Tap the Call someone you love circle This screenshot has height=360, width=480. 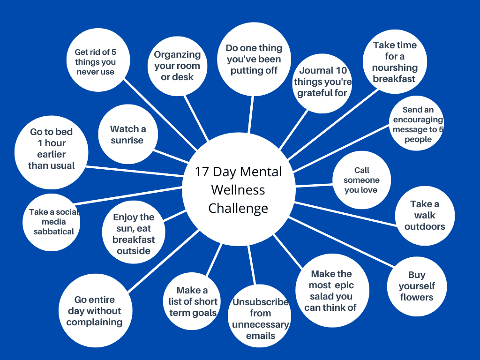pyautogui.click(x=361, y=180)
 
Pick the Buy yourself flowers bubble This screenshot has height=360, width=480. pyautogui.click(x=416, y=286)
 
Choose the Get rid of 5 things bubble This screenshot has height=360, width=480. pyautogui.click(x=95, y=62)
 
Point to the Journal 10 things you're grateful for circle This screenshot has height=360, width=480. pyautogui.click(x=322, y=82)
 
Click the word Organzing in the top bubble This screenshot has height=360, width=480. pyautogui.click(x=177, y=55)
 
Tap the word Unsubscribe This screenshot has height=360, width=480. pyautogui.click(x=260, y=302)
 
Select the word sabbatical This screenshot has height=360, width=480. pyautogui.click(x=54, y=232)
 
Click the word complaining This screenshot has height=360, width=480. pyautogui.click(x=94, y=322)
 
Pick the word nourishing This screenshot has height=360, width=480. pyautogui.click(x=395, y=67)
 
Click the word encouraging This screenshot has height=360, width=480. pyautogui.click(x=418, y=120)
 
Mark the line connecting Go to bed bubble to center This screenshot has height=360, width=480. pyautogui.click(x=136, y=171)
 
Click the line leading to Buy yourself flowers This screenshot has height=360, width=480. pyautogui.click(x=342, y=244)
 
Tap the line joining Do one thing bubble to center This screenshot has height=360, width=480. pyautogui.click(x=251, y=115)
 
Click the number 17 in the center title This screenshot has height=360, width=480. pyautogui.click(x=202, y=172)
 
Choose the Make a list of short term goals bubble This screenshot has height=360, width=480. pyautogui.click(x=192, y=302)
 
